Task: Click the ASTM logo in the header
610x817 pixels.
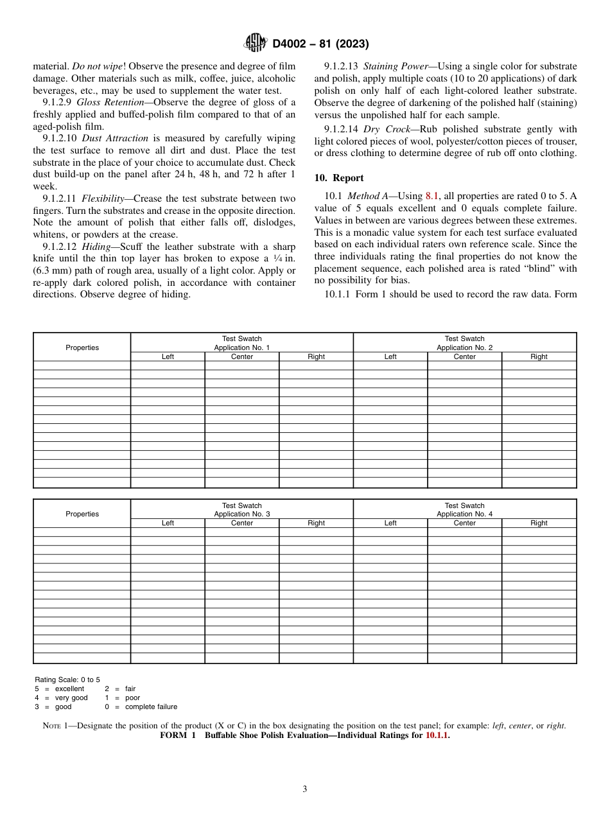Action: [x=256, y=44]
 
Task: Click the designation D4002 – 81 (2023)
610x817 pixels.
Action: [x=320, y=44]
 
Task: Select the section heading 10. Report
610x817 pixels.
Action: [x=339, y=178]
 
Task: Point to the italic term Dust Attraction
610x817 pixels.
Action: [x=115, y=138]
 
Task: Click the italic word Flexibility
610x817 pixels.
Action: [x=107, y=198]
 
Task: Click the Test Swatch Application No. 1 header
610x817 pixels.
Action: [x=241, y=343]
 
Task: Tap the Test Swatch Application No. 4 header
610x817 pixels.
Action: [x=464, y=510]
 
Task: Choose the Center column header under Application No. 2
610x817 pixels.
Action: [x=464, y=356]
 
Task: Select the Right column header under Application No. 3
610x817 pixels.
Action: [x=316, y=523]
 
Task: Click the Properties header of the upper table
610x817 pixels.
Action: [x=82, y=347]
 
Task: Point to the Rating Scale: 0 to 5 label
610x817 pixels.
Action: [x=67, y=680]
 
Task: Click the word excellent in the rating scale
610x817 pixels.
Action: [x=69, y=689]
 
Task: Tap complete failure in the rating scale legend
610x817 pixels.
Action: [x=151, y=707]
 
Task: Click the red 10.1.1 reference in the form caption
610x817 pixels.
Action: [x=437, y=735]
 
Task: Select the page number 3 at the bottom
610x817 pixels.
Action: [x=305, y=789]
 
